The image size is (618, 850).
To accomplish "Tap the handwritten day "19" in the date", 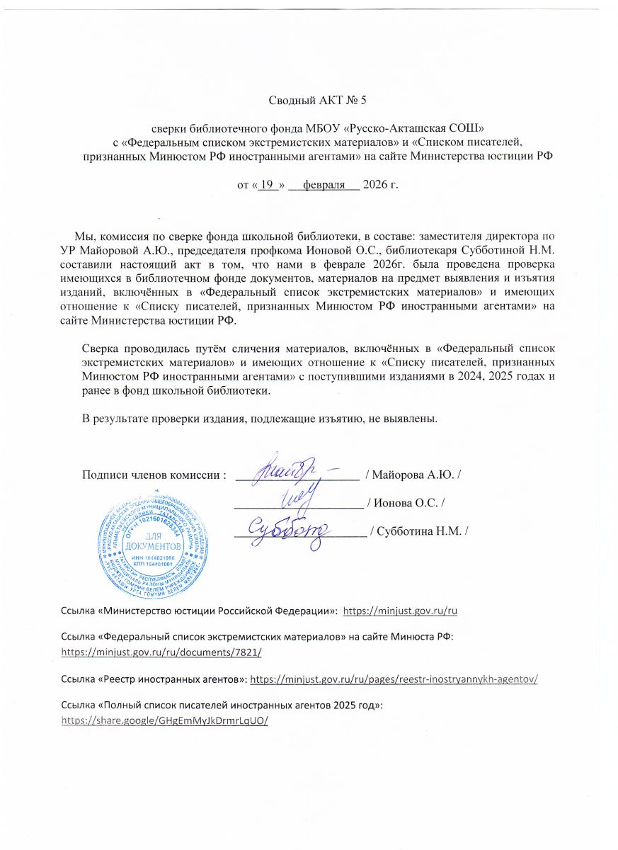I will (x=267, y=186).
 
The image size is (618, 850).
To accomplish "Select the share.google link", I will (x=166, y=720).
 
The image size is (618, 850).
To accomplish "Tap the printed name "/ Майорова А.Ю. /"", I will (x=413, y=474).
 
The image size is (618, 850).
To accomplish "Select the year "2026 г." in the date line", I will (x=380, y=186).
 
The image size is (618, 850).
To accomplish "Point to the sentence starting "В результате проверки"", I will (x=260, y=419).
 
